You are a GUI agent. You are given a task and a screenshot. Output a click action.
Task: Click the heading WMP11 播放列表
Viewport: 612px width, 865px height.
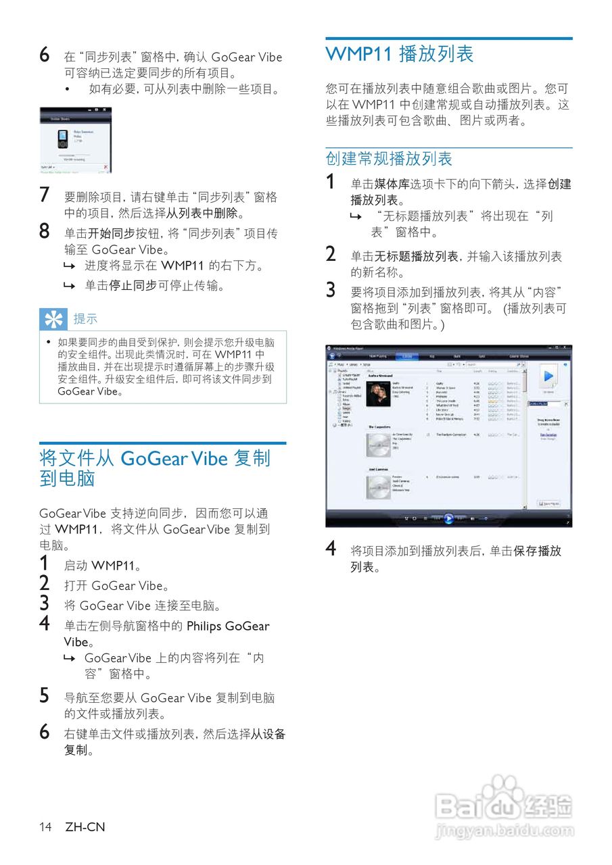400,55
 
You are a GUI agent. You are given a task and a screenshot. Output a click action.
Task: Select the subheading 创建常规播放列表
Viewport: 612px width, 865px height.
389,159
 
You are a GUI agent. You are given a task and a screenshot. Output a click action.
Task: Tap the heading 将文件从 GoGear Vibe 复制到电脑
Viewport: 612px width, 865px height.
154,468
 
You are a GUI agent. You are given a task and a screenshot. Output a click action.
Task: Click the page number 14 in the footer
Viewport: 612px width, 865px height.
45,826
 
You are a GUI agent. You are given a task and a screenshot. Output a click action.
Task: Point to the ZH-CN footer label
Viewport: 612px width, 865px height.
85,826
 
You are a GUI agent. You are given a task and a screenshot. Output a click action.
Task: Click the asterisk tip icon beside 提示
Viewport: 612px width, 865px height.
53,318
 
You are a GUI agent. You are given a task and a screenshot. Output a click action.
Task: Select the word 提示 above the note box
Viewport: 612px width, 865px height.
85,319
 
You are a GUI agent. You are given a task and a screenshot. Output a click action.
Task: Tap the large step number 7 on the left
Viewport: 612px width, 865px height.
44,195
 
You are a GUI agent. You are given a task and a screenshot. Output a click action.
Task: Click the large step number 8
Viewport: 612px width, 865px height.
44,232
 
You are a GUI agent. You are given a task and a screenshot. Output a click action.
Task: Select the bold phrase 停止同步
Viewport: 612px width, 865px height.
133,286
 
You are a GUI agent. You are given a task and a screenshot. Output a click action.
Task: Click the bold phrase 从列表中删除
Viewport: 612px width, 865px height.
202,214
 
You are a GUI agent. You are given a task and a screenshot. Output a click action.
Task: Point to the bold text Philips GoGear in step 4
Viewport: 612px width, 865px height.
228,626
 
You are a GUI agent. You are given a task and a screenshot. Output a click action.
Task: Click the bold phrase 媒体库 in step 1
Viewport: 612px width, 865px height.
392,184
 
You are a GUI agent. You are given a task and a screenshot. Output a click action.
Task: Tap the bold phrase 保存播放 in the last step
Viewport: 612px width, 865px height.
537,551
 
